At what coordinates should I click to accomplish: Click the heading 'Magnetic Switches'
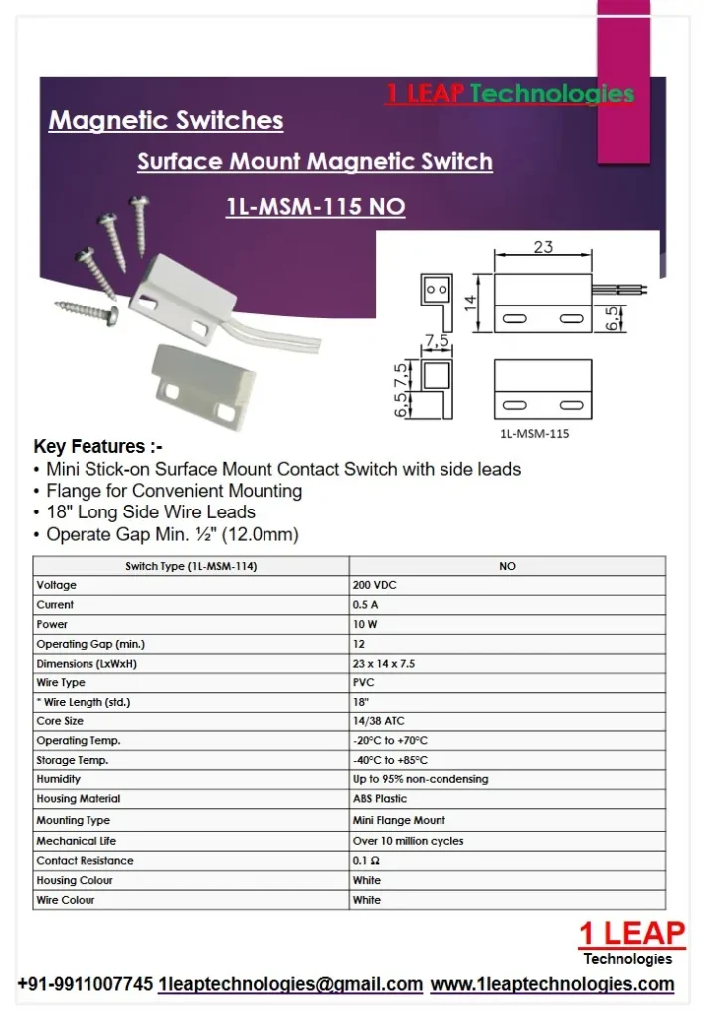[x=166, y=121]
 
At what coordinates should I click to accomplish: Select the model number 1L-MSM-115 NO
[x=315, y=207]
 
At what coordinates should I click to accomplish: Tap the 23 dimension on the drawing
[x=543, y=247]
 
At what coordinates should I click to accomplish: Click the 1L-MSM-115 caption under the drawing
[x=535, y=434]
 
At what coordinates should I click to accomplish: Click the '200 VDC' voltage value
[x=375, y=585]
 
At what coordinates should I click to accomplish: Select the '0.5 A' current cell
[x=366, y=605]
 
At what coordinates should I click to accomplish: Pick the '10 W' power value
[x=365, y=624]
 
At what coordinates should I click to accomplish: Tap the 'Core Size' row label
[x=60, y=721]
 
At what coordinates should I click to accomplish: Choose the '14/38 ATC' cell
[x=378, y=721]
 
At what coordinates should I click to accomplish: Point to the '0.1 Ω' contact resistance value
[x=367, y=861]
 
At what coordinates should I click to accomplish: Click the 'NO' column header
[x=507, y=566]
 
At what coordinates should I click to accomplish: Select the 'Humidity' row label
[x=59, y=779]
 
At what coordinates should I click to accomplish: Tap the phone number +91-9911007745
[x=86, y=984]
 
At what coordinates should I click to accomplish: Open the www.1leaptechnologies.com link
[x=552, y=984]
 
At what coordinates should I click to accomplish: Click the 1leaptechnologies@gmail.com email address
[x=290, y=984]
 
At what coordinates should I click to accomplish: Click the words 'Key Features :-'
[x=97, y=447]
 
